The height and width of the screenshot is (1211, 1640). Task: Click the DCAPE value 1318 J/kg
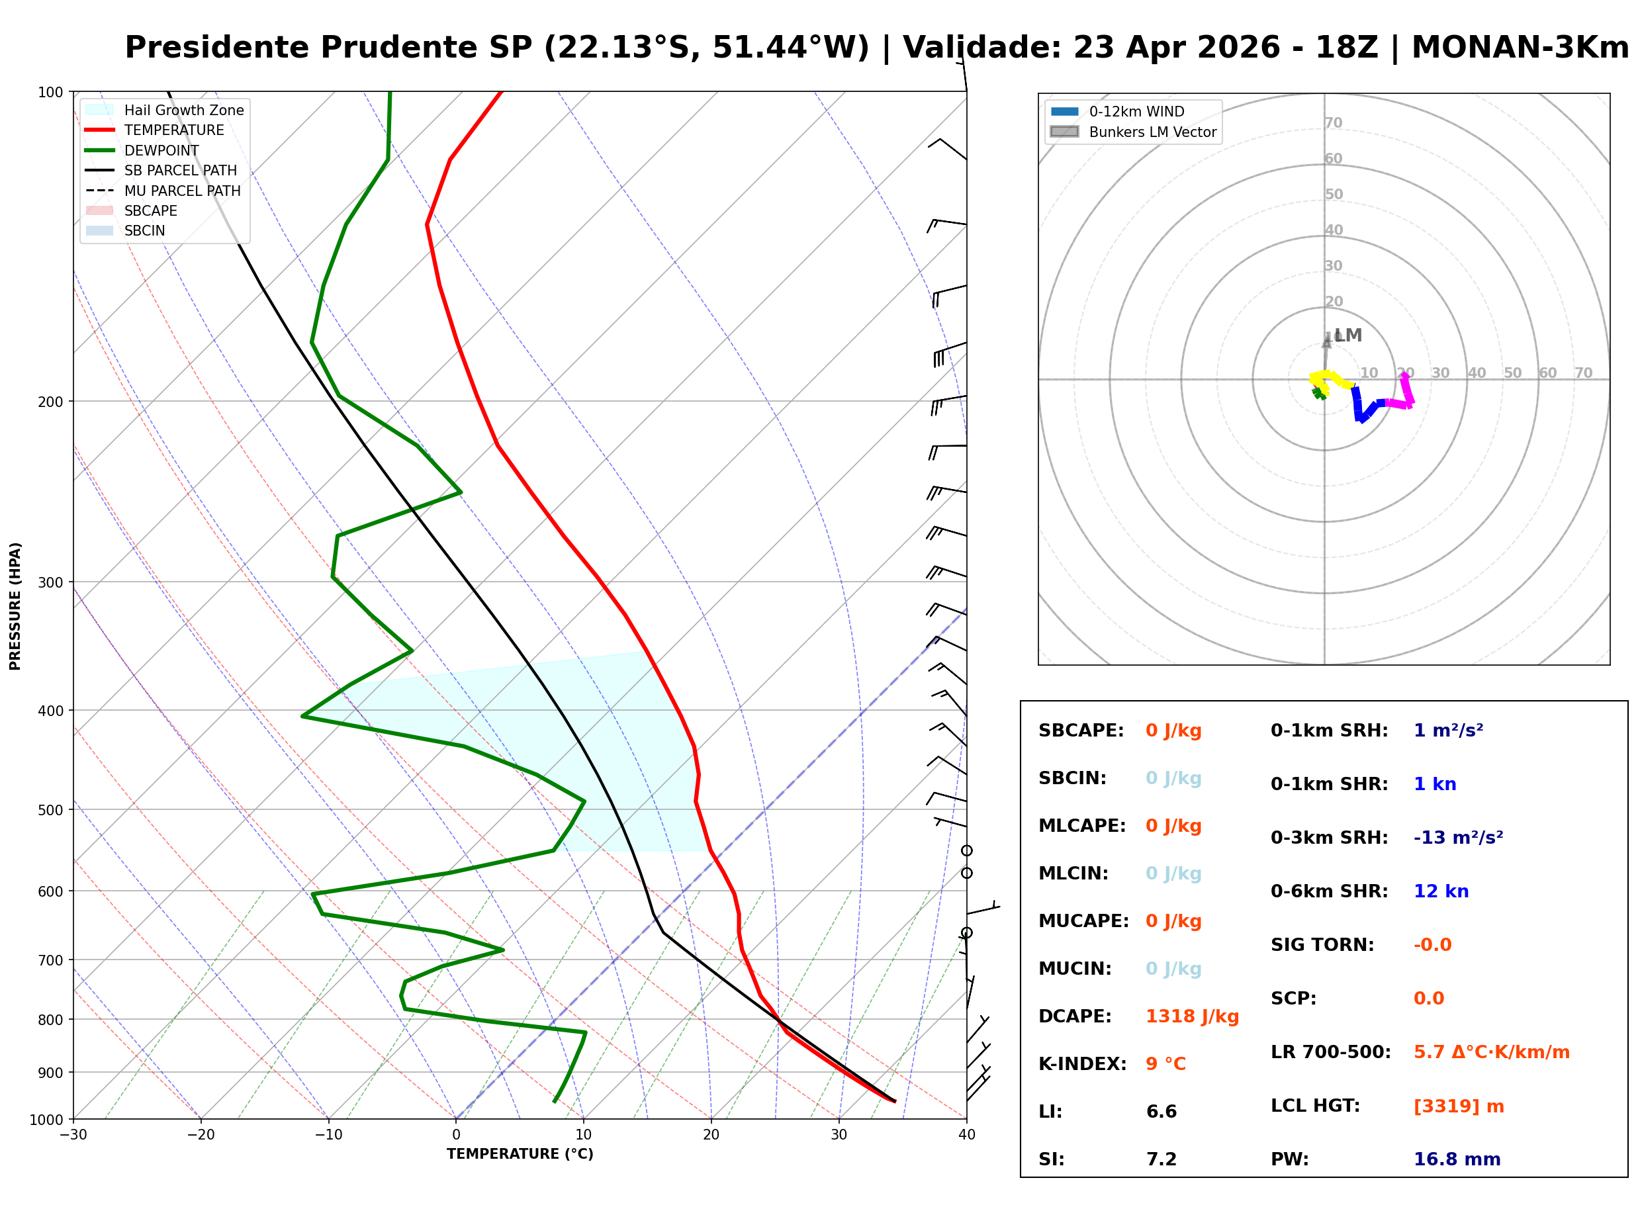pos(1192,1016)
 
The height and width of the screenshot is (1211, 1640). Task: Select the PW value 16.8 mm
pos(1457,1159)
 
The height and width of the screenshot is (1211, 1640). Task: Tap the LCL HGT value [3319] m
pos(1459,1106)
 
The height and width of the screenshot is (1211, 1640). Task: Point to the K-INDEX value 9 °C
pos(1165,1064)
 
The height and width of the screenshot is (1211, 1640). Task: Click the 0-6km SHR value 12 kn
pos(1441,892)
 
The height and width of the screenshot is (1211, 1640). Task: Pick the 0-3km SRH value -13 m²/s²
pos(1458,838)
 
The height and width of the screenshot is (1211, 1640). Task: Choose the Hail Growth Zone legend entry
pos(183,111)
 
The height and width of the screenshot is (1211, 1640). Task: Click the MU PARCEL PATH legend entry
pos(182,191)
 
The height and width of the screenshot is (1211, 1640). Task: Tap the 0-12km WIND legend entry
pos(1136,112)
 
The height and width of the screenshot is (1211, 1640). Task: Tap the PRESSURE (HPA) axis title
pos(15,606)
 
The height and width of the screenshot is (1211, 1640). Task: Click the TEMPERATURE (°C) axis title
pos(520,1155)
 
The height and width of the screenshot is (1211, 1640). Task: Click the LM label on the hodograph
pos(1347,336)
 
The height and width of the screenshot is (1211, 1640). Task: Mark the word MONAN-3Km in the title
pos(1520,48)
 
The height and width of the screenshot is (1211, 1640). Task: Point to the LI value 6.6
pos(1162,1112)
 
